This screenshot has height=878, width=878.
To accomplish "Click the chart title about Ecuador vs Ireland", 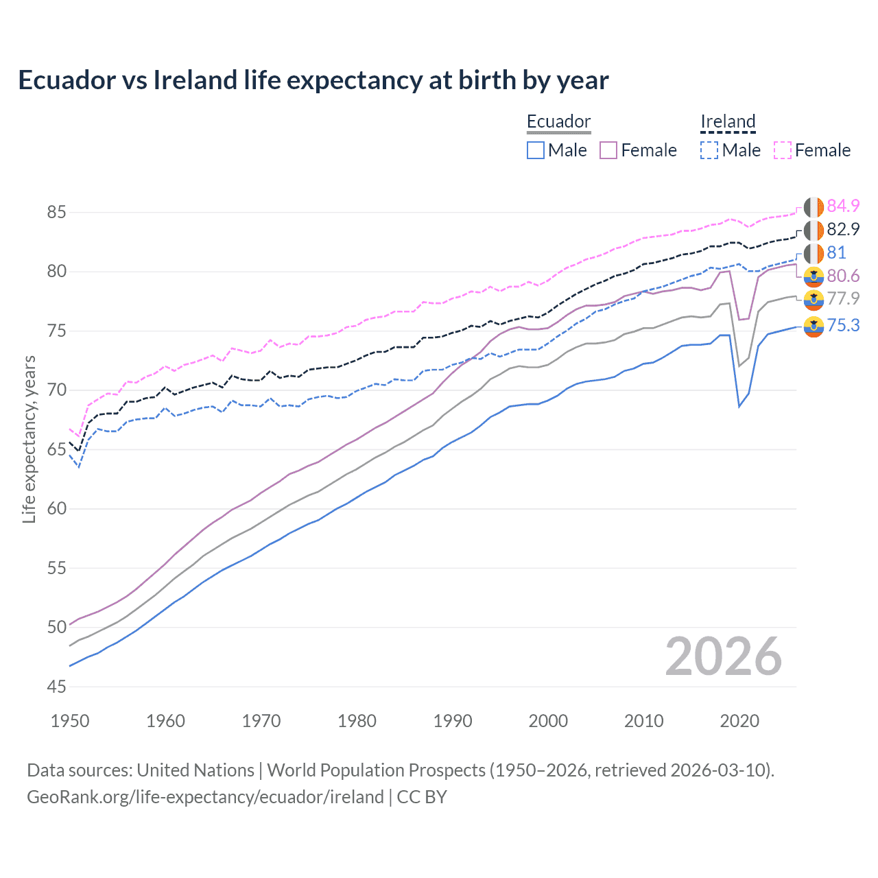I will [313, 80].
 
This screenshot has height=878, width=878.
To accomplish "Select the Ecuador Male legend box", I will [536, 150].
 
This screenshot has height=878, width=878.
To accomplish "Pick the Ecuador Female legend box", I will [608, 150].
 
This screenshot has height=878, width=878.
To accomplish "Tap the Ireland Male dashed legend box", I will [709, 150].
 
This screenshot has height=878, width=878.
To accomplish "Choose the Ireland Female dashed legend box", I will [783, 150].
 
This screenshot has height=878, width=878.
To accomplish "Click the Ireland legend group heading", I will [728, 121].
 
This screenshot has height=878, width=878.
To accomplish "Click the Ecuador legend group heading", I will [558, 121].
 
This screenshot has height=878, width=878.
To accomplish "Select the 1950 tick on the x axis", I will [70, 721].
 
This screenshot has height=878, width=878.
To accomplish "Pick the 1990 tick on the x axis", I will [453, 721].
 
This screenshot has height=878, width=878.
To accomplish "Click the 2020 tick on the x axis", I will [739, 721].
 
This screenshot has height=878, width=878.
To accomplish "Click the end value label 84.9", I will [843, 206].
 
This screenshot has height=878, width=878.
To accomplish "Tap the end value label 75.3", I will [843, 325].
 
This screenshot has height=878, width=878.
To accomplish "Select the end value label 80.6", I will [843, 276].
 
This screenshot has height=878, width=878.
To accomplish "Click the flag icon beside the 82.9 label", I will [814, 230].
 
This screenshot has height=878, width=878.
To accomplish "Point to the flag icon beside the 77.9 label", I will [814, 299].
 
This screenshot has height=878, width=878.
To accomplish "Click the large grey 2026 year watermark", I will [724, 656].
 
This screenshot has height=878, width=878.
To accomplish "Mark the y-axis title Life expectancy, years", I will [29, 439].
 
